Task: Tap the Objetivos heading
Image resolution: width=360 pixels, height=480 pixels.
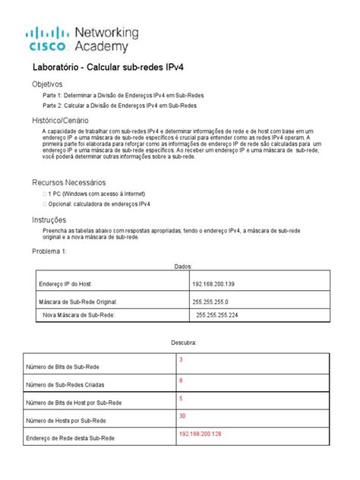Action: pos(47,84)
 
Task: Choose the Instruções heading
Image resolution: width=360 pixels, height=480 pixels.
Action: pos(51,219)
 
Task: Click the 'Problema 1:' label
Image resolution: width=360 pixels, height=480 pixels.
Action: pos(49,251)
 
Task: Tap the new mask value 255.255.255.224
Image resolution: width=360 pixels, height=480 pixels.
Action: pos(217,314)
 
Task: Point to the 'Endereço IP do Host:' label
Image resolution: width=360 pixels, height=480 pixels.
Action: pos(65,284)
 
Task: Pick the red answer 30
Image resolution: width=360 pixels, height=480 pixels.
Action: pos(182,415)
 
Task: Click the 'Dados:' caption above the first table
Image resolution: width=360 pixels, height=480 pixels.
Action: pos(183,267)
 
